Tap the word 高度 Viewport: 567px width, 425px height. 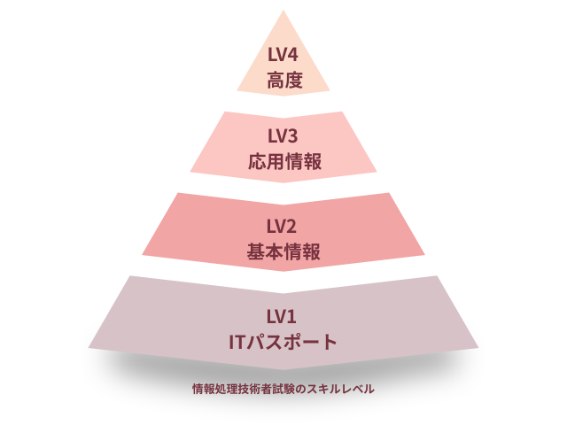pyautogui.click(x=283, y=80)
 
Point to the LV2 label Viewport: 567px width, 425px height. pyautogui.click(x=283, y=225)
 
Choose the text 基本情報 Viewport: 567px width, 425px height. pyautogui.click(x=283, y=251)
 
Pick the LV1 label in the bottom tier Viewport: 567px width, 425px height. pyautogui.click(x=283, y=315)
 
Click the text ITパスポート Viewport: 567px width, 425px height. pyautogui.click(x=283, y=342)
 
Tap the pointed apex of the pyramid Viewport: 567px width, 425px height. pyautogui.click(x=283, y=12)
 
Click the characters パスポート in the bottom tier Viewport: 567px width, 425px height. pyautogui.click(x=294, y=342)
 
